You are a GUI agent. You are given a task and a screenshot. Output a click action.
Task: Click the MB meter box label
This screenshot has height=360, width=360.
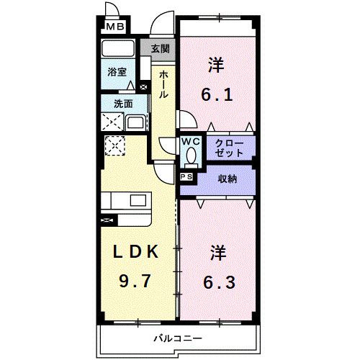pos(114,28)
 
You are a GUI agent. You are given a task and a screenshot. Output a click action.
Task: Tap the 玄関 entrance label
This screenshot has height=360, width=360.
pos(161,49)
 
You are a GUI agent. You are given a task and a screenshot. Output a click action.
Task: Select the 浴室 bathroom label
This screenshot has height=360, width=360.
pos(117,73)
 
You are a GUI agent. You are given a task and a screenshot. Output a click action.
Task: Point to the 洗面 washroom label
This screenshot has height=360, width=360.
pos(122,103)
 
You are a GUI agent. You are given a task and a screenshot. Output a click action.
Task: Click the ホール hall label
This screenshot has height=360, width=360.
pos(165,85)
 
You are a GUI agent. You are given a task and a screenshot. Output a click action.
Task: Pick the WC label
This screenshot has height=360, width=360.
pos(190,142)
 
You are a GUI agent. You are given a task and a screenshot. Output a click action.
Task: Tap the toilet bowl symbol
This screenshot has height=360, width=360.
pos(191,156)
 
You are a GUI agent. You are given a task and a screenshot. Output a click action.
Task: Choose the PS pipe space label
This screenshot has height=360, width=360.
pos(186,176)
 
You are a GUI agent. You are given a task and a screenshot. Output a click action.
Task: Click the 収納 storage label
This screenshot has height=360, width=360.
pos(227,179)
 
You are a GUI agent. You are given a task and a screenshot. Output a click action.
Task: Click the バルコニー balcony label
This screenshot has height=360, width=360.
pos(176,337)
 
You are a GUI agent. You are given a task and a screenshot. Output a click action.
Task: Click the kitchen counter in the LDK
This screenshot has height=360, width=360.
pos(125,201)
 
